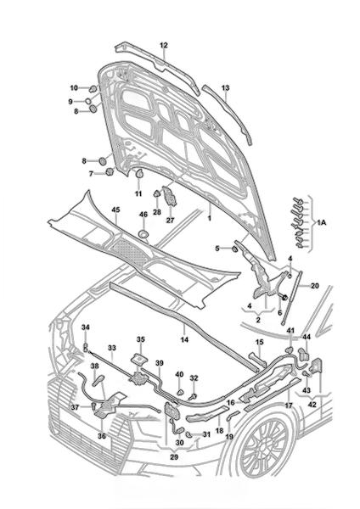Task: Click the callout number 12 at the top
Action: pos(163,46)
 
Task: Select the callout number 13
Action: pos(225,88)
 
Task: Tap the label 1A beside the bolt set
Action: pos(321,222)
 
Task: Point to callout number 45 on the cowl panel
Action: pos(115,210)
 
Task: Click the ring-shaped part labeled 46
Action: pos(143,234)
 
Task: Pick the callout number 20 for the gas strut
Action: pos(314,286)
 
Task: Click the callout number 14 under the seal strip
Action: pos(184,340)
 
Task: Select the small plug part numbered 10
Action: pos(93,88)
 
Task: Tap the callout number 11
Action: pos(138,193)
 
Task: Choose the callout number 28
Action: pos(157,212)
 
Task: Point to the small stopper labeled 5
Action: pos(233,249)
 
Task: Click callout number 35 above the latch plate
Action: pos(141,339)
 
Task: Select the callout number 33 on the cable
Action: pos(112,348)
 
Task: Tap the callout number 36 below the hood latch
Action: pos(102,436)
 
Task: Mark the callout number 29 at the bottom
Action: pos(174,457)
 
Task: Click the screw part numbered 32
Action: pos(193,396)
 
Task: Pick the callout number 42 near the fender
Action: pos(312,406)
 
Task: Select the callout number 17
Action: pos(289,406)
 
